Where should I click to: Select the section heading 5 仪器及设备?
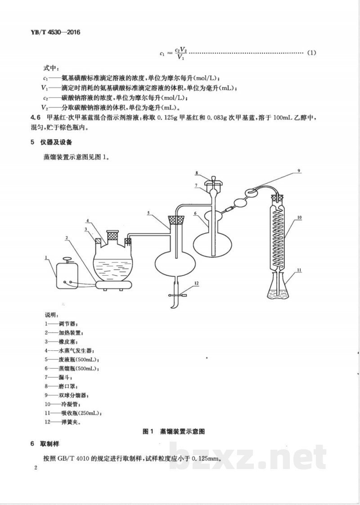click(53, 143)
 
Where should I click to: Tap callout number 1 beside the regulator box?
click(46, 258)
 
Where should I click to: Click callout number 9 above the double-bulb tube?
click(297, 171)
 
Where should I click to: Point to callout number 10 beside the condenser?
click(299, 217)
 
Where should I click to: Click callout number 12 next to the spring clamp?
click(196, 283)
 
